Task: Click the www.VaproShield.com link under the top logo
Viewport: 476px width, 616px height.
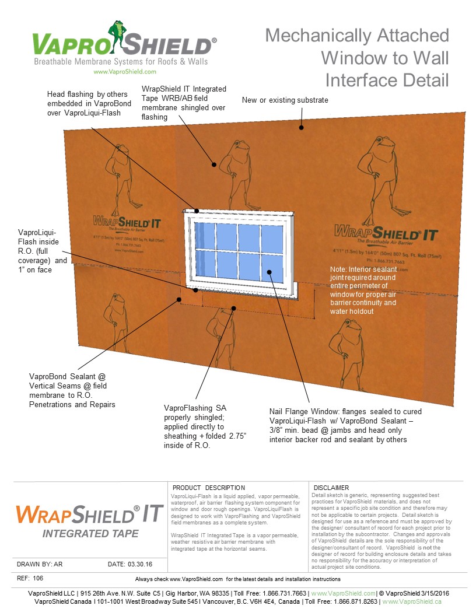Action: point(124,72)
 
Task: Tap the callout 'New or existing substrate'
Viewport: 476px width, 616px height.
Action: point(285,100)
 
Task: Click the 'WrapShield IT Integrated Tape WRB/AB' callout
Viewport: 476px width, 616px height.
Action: point(184,103)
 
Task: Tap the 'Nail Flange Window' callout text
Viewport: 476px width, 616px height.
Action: point(345,425)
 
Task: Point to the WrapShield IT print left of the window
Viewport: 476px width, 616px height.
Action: point(127,222)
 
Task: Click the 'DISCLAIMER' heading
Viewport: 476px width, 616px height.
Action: point(331,488)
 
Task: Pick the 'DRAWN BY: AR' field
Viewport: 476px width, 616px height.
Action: point(40,564)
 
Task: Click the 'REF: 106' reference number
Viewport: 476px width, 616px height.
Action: point(30,578)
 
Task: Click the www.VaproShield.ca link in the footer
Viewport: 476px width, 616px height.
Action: point(411,601)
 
